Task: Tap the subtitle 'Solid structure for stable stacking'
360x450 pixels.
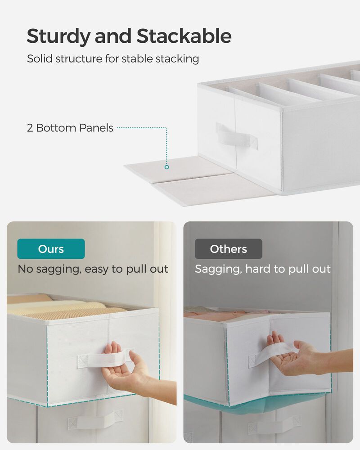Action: pyautogui.click(x=113, y=59)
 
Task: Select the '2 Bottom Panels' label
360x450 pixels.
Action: pyautogui.click(x=70, y=128)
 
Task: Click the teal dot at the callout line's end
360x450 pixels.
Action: pyautogui.click(x=166, y=167)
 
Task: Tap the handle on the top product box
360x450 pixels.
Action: pyautogui.click(x=236, y=135)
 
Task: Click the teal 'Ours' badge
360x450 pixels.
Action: pyautogui.click(x=51, y=249)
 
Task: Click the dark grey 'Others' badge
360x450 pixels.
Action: pyautogui.click(x=228, y=249)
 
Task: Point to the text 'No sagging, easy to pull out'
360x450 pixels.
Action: pyautogui.click(x=93, y=269)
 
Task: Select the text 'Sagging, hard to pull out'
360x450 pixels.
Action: pyautogui.click(x=262, y=269)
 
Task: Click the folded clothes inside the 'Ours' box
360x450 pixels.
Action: pyautogui.click(x=67, y=309)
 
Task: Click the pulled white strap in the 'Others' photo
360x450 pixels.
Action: pyautogui.click(x=270, y=353)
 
